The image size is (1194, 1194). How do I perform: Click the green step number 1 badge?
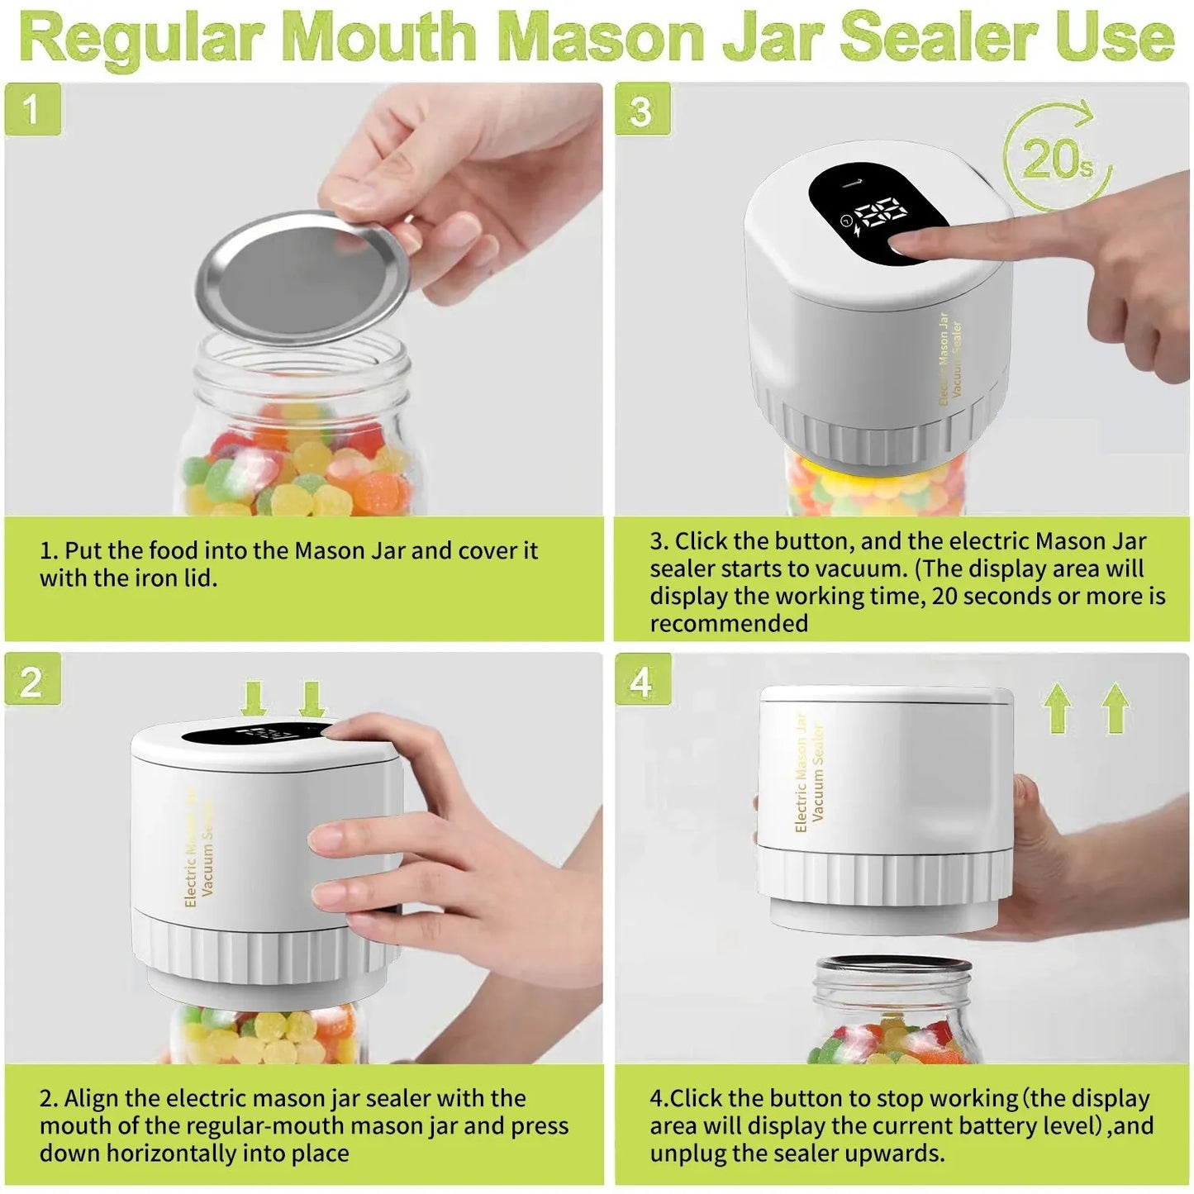point(33,109)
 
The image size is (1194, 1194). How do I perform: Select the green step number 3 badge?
point(642,109)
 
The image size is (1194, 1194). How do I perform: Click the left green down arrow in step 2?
point(253,699)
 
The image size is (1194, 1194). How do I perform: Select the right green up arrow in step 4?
point(1116,707)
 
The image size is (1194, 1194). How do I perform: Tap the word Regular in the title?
point(140,36)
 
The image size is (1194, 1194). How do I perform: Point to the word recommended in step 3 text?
point(729,624)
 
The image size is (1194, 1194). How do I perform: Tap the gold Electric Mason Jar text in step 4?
point(799,773)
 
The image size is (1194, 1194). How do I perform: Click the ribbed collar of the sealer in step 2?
point(264,950)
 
